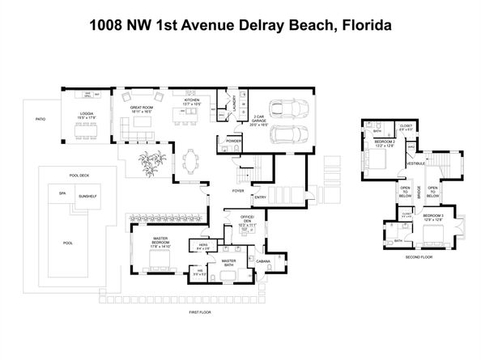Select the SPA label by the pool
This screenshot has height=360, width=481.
tap(62, 193)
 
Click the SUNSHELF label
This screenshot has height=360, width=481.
tap(87, 197)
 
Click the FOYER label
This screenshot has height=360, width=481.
tap(239, 192)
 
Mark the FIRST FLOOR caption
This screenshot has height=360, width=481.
tap(189, 311)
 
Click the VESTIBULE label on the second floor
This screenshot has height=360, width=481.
tap(415, 163)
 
